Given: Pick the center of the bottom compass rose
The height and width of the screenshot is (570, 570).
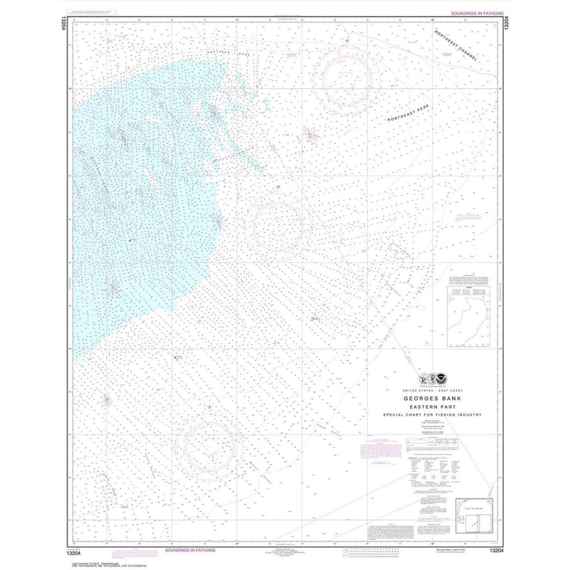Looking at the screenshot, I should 209,445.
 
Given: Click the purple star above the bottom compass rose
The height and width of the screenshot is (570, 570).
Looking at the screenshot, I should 209,407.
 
